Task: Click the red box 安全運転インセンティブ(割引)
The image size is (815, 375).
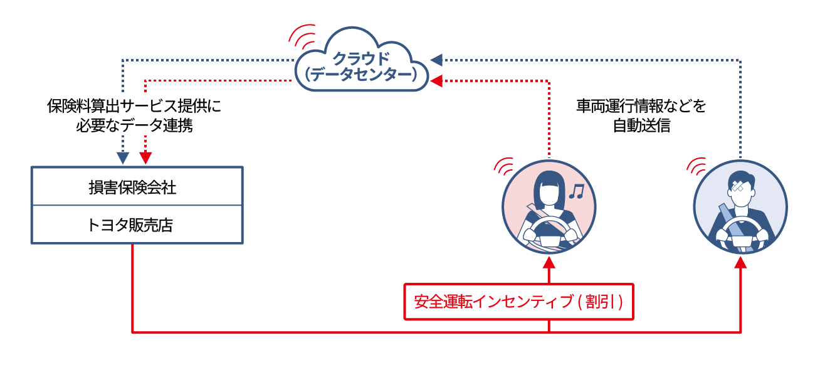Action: tap(518, 302)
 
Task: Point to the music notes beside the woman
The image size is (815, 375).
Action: tap(575, 191)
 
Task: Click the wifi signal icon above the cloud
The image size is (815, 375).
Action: tap(303, 36)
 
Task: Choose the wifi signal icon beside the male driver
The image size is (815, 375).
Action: tap(696, 165)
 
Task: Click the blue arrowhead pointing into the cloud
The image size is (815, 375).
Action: tap(436, 60)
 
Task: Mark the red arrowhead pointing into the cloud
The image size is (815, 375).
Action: tap(436, 80)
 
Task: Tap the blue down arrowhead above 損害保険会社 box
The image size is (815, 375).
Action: tap(124, 157)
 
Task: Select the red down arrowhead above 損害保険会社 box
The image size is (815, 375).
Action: tap(145, 157)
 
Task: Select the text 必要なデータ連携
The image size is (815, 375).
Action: tap(134, 125)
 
